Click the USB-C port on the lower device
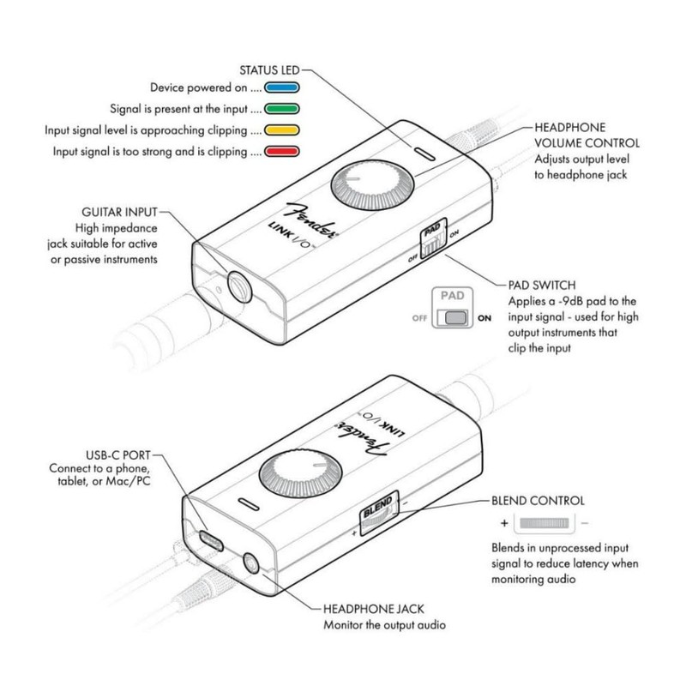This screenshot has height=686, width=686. tap(209, 540)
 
